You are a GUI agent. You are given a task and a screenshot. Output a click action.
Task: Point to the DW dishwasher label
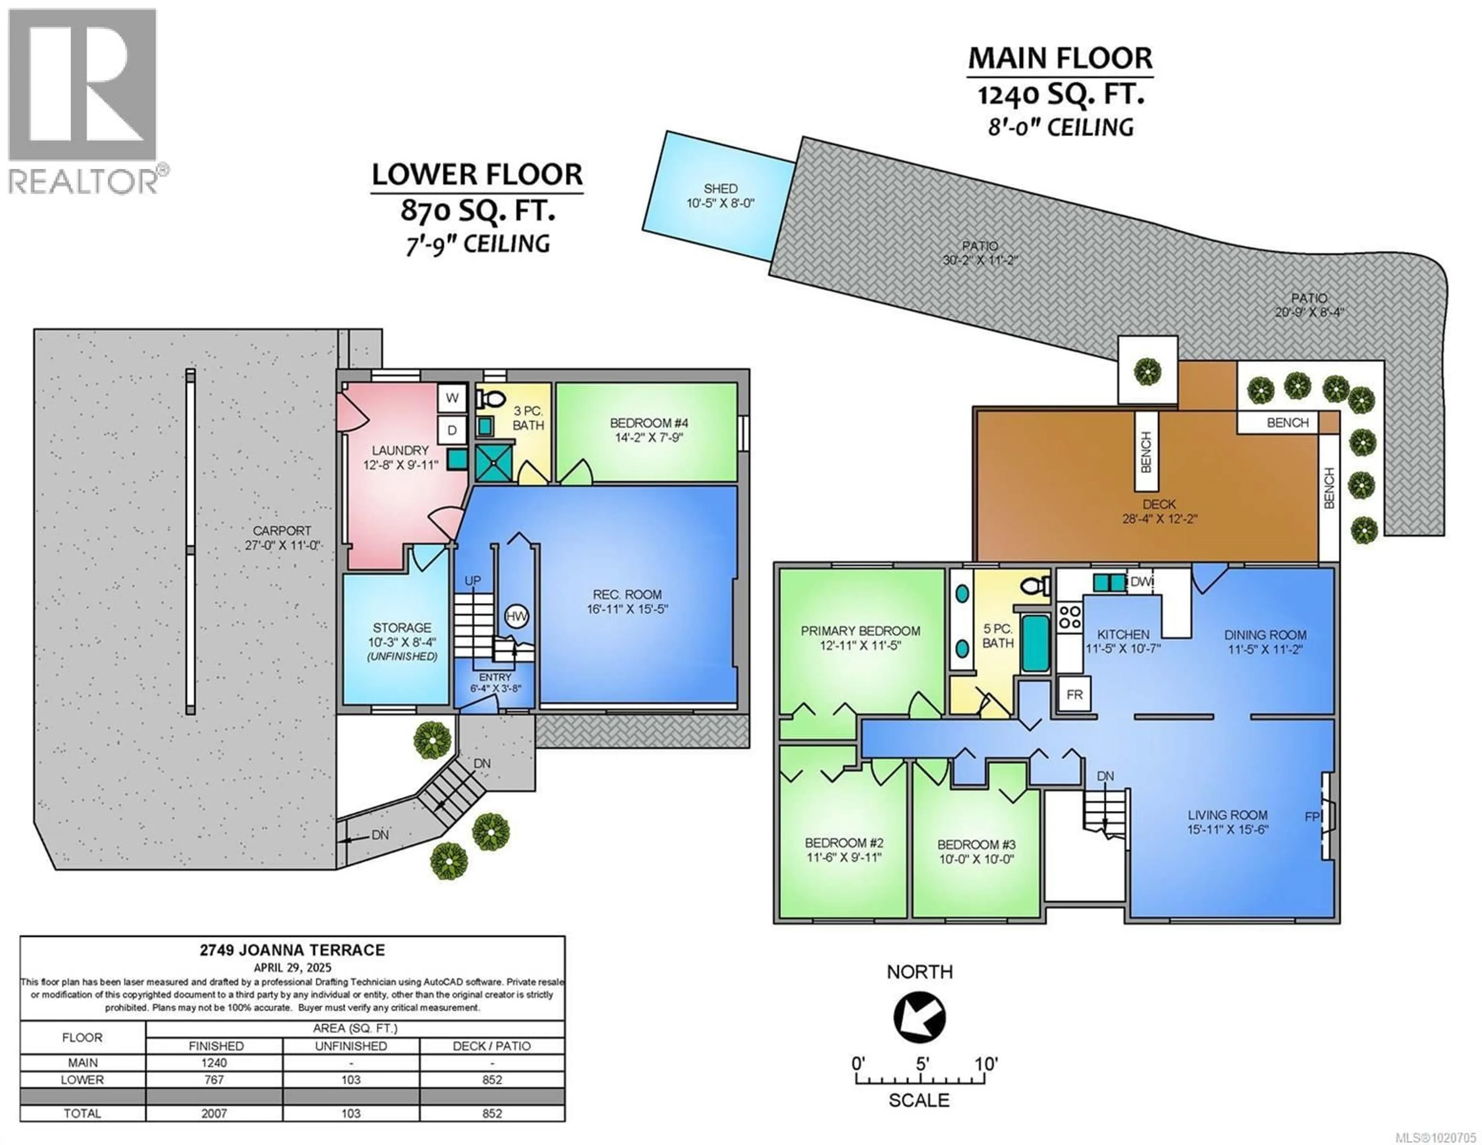coord(1140,582)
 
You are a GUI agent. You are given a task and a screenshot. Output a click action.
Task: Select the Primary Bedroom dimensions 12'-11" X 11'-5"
coord(860,646)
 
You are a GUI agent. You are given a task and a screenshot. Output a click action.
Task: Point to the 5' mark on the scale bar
coord(922,1064)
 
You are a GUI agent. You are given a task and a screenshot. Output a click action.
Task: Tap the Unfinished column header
coord(351,1046)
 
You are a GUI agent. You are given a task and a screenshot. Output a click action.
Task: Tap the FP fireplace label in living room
coord(1312,817)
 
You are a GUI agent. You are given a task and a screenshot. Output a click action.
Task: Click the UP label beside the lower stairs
coord(472,581)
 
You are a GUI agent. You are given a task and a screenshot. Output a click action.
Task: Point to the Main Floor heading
coord(1060,58)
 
